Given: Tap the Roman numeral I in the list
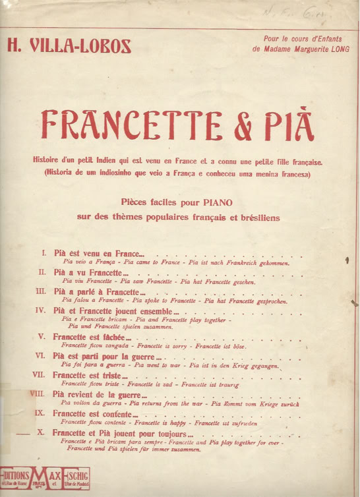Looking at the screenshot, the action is (x=44, y=253).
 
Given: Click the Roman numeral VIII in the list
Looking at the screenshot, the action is (x=37, y=394).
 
